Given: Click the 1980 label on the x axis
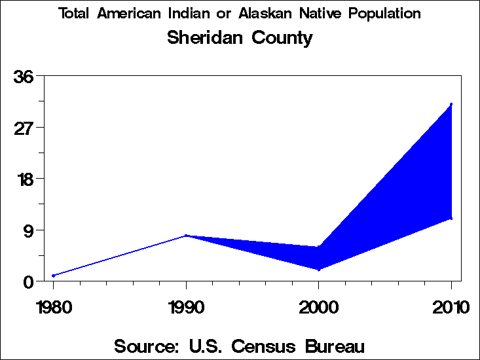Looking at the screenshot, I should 54,307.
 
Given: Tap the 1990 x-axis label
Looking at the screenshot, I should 186,307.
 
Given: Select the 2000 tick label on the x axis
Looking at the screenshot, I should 318,307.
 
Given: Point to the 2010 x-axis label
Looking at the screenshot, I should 451,307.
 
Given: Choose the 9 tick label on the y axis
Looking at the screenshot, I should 29,230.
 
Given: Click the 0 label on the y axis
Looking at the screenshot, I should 29,281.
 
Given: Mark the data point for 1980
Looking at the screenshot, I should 54,276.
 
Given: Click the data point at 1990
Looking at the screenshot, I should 186,236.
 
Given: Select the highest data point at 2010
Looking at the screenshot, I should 451,104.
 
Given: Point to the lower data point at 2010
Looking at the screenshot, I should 451,219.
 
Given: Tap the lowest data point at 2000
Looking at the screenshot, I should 319,270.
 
